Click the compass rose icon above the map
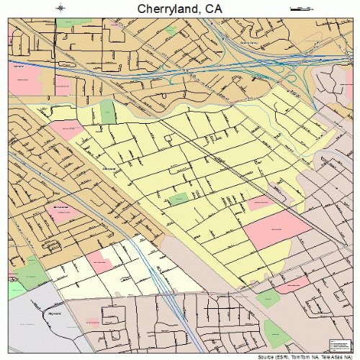point(60,9)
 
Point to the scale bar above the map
point(297,9)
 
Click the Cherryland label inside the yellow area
point(109,168)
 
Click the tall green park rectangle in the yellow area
point(107,112)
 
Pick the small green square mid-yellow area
point(179,197)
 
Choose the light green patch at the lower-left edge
point(16,290)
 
